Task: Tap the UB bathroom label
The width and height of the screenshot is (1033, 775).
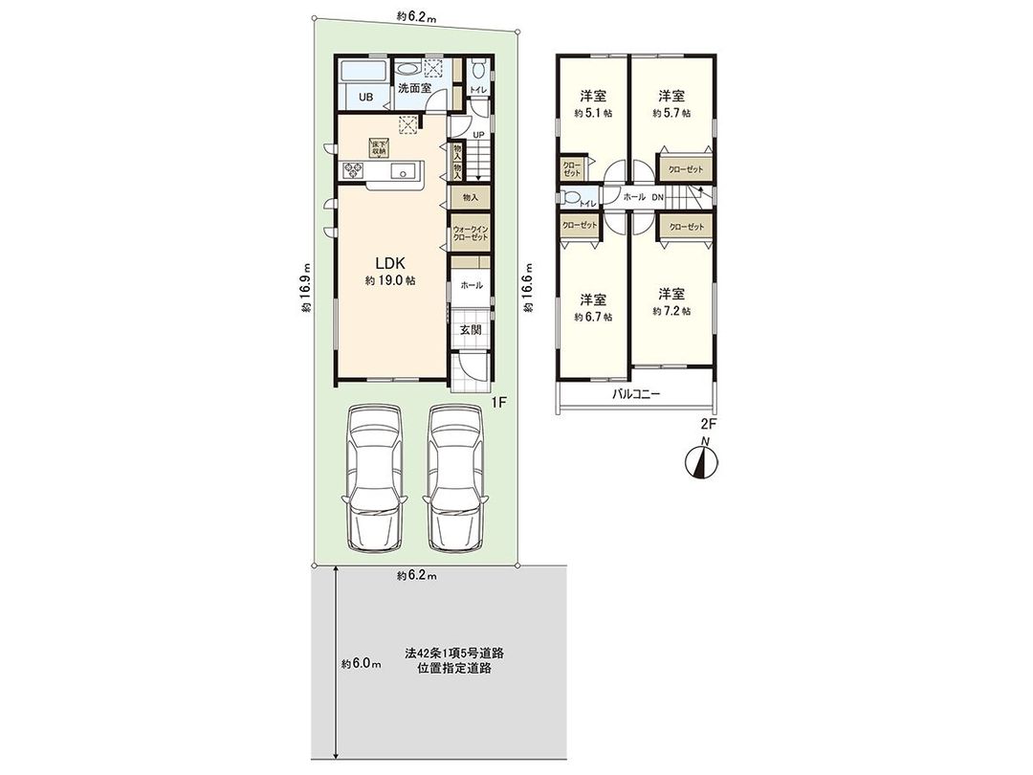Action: click(365, 97)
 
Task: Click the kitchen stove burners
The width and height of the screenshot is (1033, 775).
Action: click(353, 171)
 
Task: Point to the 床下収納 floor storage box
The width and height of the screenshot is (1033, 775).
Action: click(379, 147)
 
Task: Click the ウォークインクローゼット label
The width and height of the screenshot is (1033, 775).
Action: click(468, 232)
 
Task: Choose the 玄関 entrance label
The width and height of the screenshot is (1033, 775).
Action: click(470, 329)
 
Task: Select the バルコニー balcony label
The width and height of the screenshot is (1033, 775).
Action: click(636, 394)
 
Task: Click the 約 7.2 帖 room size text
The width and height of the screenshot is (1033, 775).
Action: click(671, 312)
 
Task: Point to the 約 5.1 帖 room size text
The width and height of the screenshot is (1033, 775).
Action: click(593, 113)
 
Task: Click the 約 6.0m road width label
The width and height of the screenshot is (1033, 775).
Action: click(362, 664)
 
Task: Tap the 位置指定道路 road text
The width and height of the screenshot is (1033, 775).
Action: click(454, 669)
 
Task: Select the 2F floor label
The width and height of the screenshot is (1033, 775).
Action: click(709, 422)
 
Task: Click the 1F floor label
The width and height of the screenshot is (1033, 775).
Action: click(497, 403)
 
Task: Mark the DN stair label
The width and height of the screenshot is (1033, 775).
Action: click(657, 196)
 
